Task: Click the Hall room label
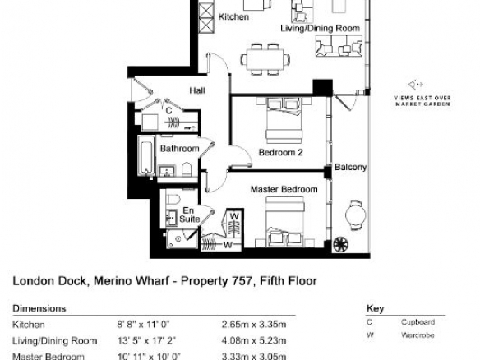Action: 197,90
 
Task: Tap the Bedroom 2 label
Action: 281,152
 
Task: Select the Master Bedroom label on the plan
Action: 284,189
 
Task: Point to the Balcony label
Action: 350,167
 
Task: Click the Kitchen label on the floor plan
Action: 233,16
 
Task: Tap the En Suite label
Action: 190,215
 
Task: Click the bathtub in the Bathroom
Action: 146,156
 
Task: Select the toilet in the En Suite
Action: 173,199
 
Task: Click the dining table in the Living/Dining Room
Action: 265,59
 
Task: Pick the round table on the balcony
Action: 355,215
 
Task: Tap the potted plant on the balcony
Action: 341,245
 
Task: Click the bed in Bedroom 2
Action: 284,120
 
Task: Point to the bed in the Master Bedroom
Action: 284,222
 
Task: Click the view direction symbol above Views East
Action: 415,85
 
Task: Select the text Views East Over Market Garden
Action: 422,101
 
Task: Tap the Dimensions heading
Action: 39,308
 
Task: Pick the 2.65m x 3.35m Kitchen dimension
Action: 254,325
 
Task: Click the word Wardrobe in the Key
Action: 418,335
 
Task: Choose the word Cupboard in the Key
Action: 418,322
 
